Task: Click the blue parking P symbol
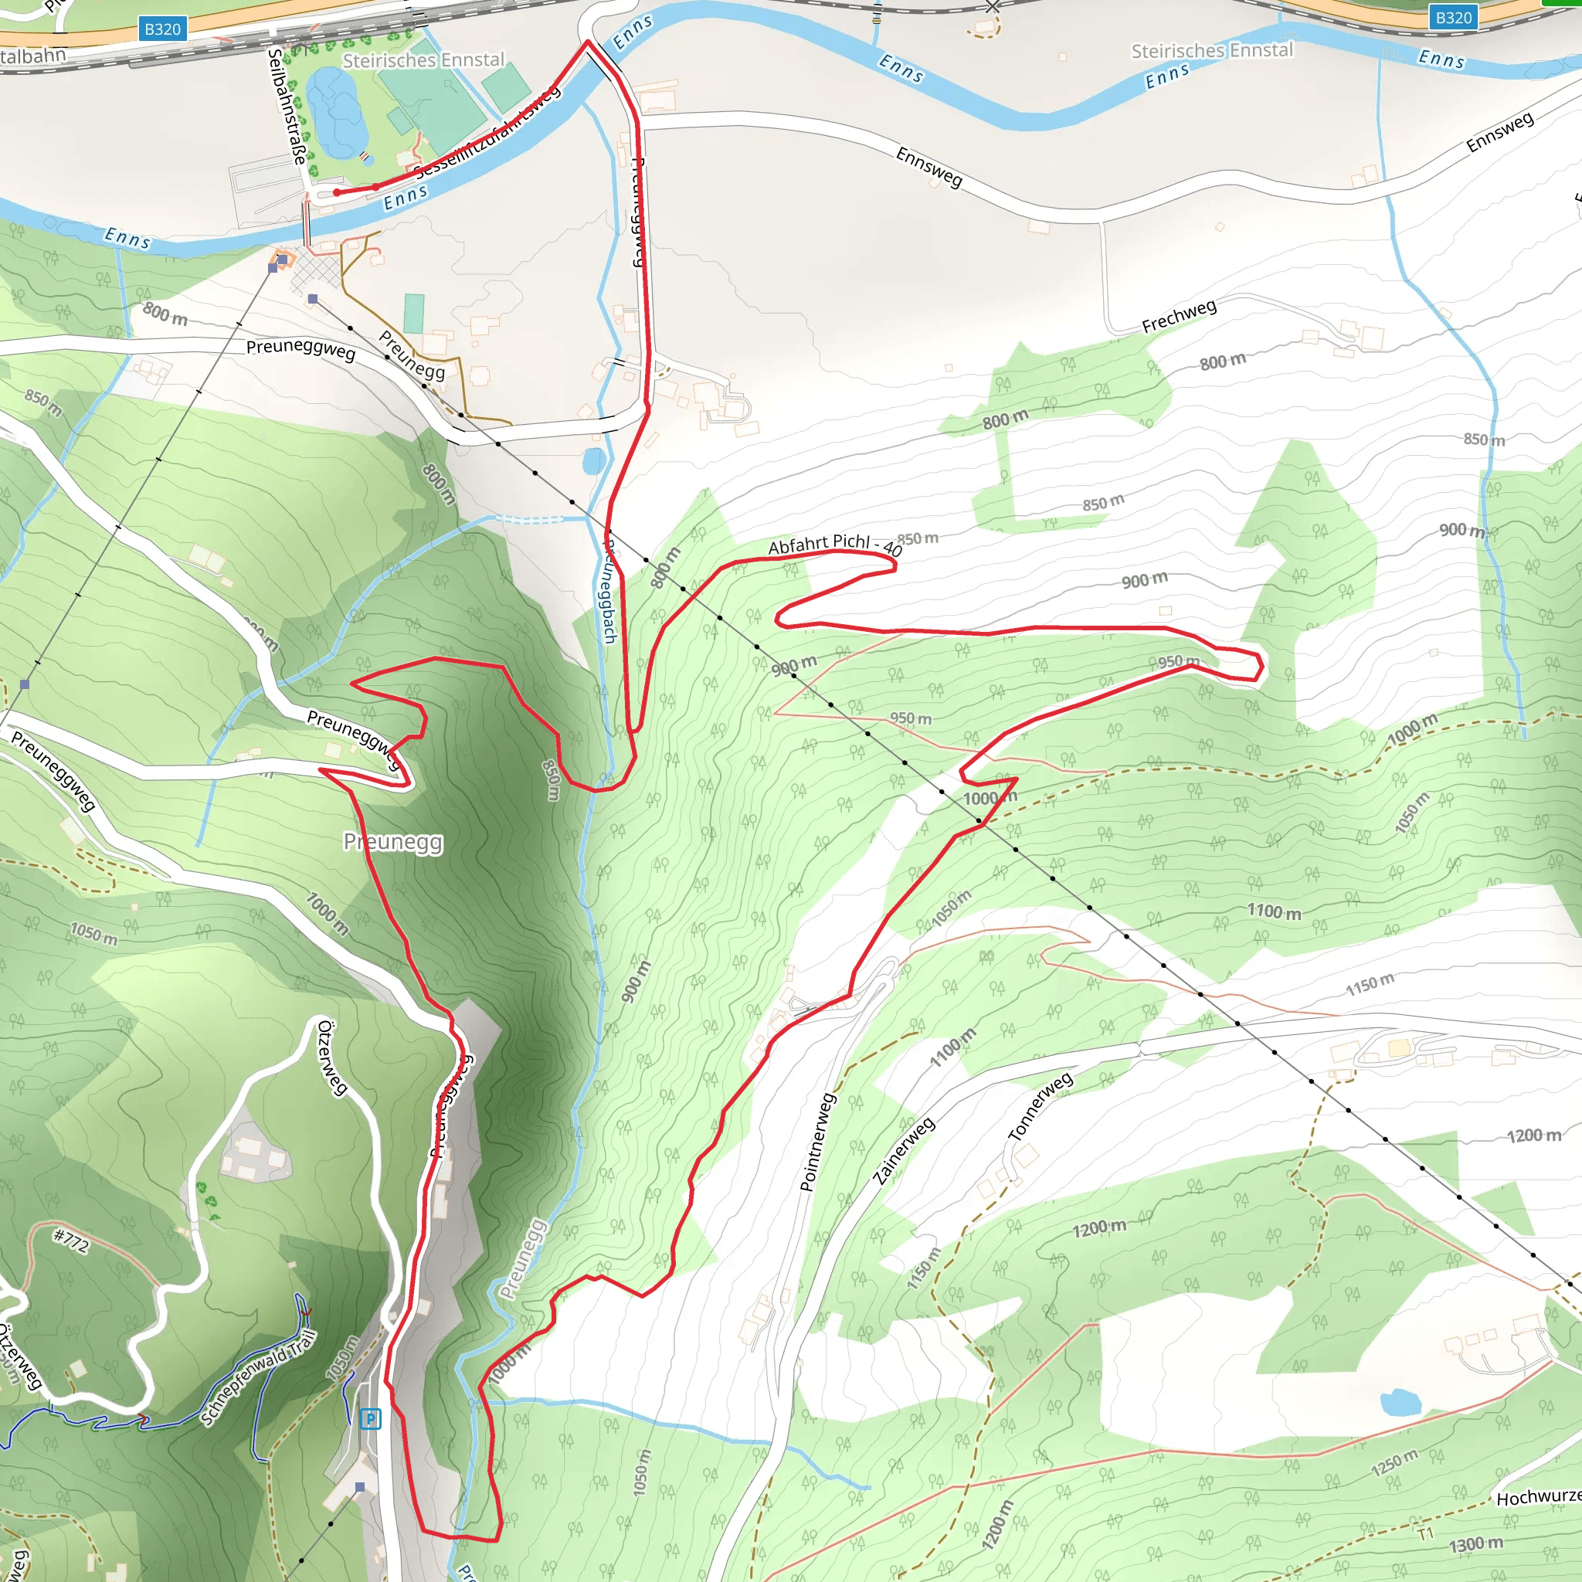pyautogui.click(x=370, y=1418)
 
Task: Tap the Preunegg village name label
pyautogui.click(x=393, y=842)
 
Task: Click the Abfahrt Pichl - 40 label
pyautogui.click(x=834, y=544)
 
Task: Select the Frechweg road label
pyautogui.click(x=1179, y=315)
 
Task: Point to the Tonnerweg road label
pyautogui.click(x=1040, y=1106)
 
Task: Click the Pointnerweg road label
pyautogui.click(x=817, y=1142)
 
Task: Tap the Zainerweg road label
pyautogui.click(x=904, y=1150)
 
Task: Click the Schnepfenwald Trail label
pyautogui.click(x=258, y=1378)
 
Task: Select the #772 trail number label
pyautogui.click(x=71, y=1241)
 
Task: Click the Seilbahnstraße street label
pyautogui.click(x=287, y=107)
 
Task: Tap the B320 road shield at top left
pyautogui.click(x=162, y=29)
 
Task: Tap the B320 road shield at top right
pyautogui.click(x=1454, y=17)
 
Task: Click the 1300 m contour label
pyautogui.click(x=1476, y=1544)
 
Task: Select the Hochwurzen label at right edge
pyautogui.click(x=1538, y=1497)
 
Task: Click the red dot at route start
pyautogui.click(x=337, y=192)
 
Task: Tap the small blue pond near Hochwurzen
pyautogui.click(x=1400, y=1402)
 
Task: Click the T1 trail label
pyautogui.click(x=1426, y=1533)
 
